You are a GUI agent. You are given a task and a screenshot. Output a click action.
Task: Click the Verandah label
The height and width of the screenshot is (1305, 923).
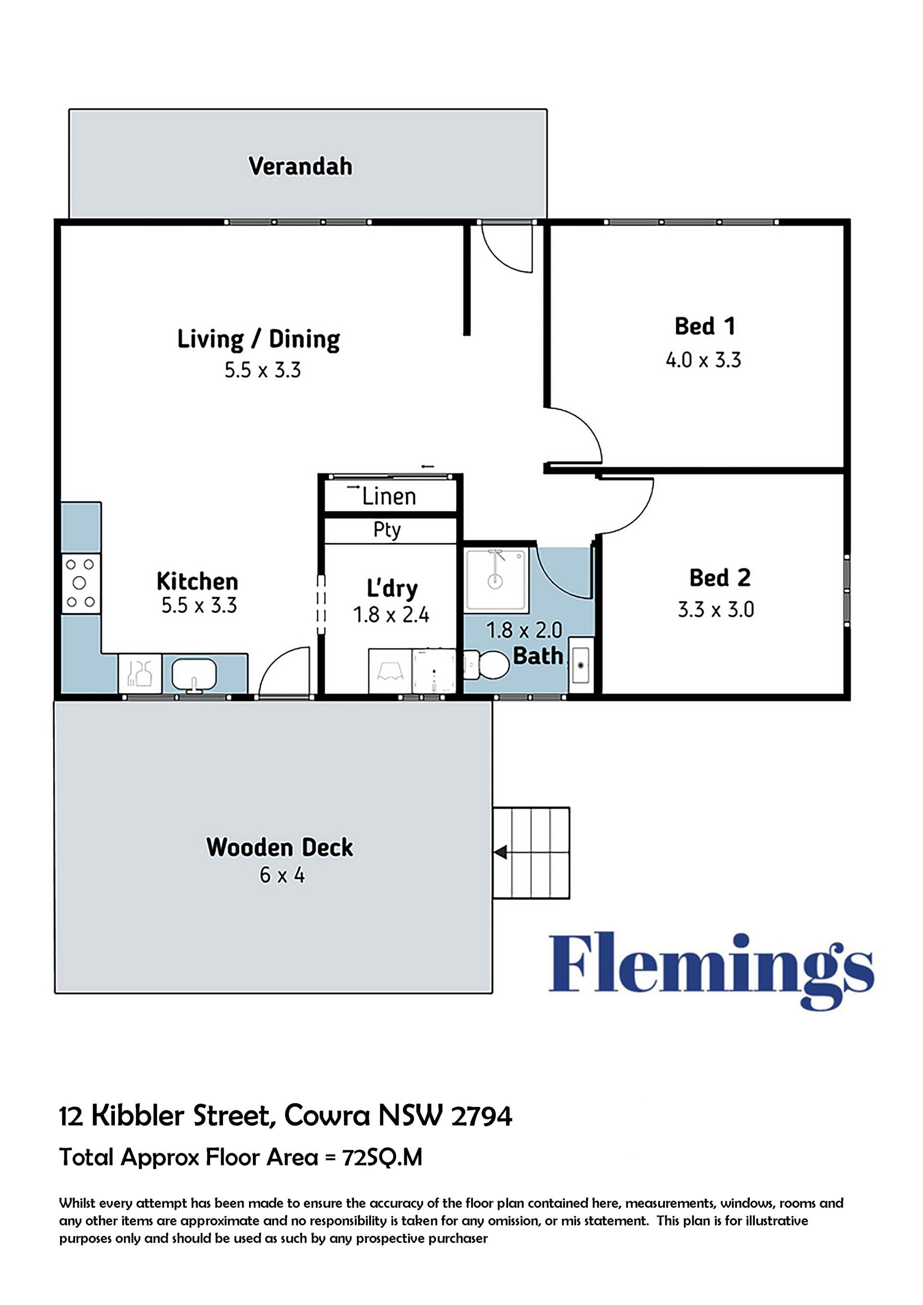coord(300,166)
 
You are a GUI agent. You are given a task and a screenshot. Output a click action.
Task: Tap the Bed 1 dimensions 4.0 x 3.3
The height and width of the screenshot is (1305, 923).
coord(704,360)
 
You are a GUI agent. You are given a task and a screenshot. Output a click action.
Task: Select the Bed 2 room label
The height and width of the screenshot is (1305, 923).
coord(720,577)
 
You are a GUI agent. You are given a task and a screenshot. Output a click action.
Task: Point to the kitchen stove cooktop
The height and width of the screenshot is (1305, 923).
coord(81,583)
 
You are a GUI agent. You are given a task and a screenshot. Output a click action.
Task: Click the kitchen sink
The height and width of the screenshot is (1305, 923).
coord(194,675)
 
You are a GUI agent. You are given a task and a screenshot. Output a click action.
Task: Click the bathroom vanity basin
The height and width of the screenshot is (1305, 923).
coord(581,665)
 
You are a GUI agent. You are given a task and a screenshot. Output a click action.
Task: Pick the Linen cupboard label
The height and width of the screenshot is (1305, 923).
coord(389,497)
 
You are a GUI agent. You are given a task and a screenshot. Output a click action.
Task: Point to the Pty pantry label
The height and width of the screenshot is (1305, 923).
coord(387,530)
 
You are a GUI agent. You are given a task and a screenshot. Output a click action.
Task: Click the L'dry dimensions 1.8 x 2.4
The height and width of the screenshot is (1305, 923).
coord(391,615)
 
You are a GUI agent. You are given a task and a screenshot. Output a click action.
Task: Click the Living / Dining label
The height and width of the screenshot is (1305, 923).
coord(259,339)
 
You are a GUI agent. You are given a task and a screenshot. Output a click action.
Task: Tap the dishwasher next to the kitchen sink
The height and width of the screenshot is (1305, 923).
coord(140,674)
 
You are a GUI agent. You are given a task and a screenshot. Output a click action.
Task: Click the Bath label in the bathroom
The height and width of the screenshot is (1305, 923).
coord(537,656)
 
